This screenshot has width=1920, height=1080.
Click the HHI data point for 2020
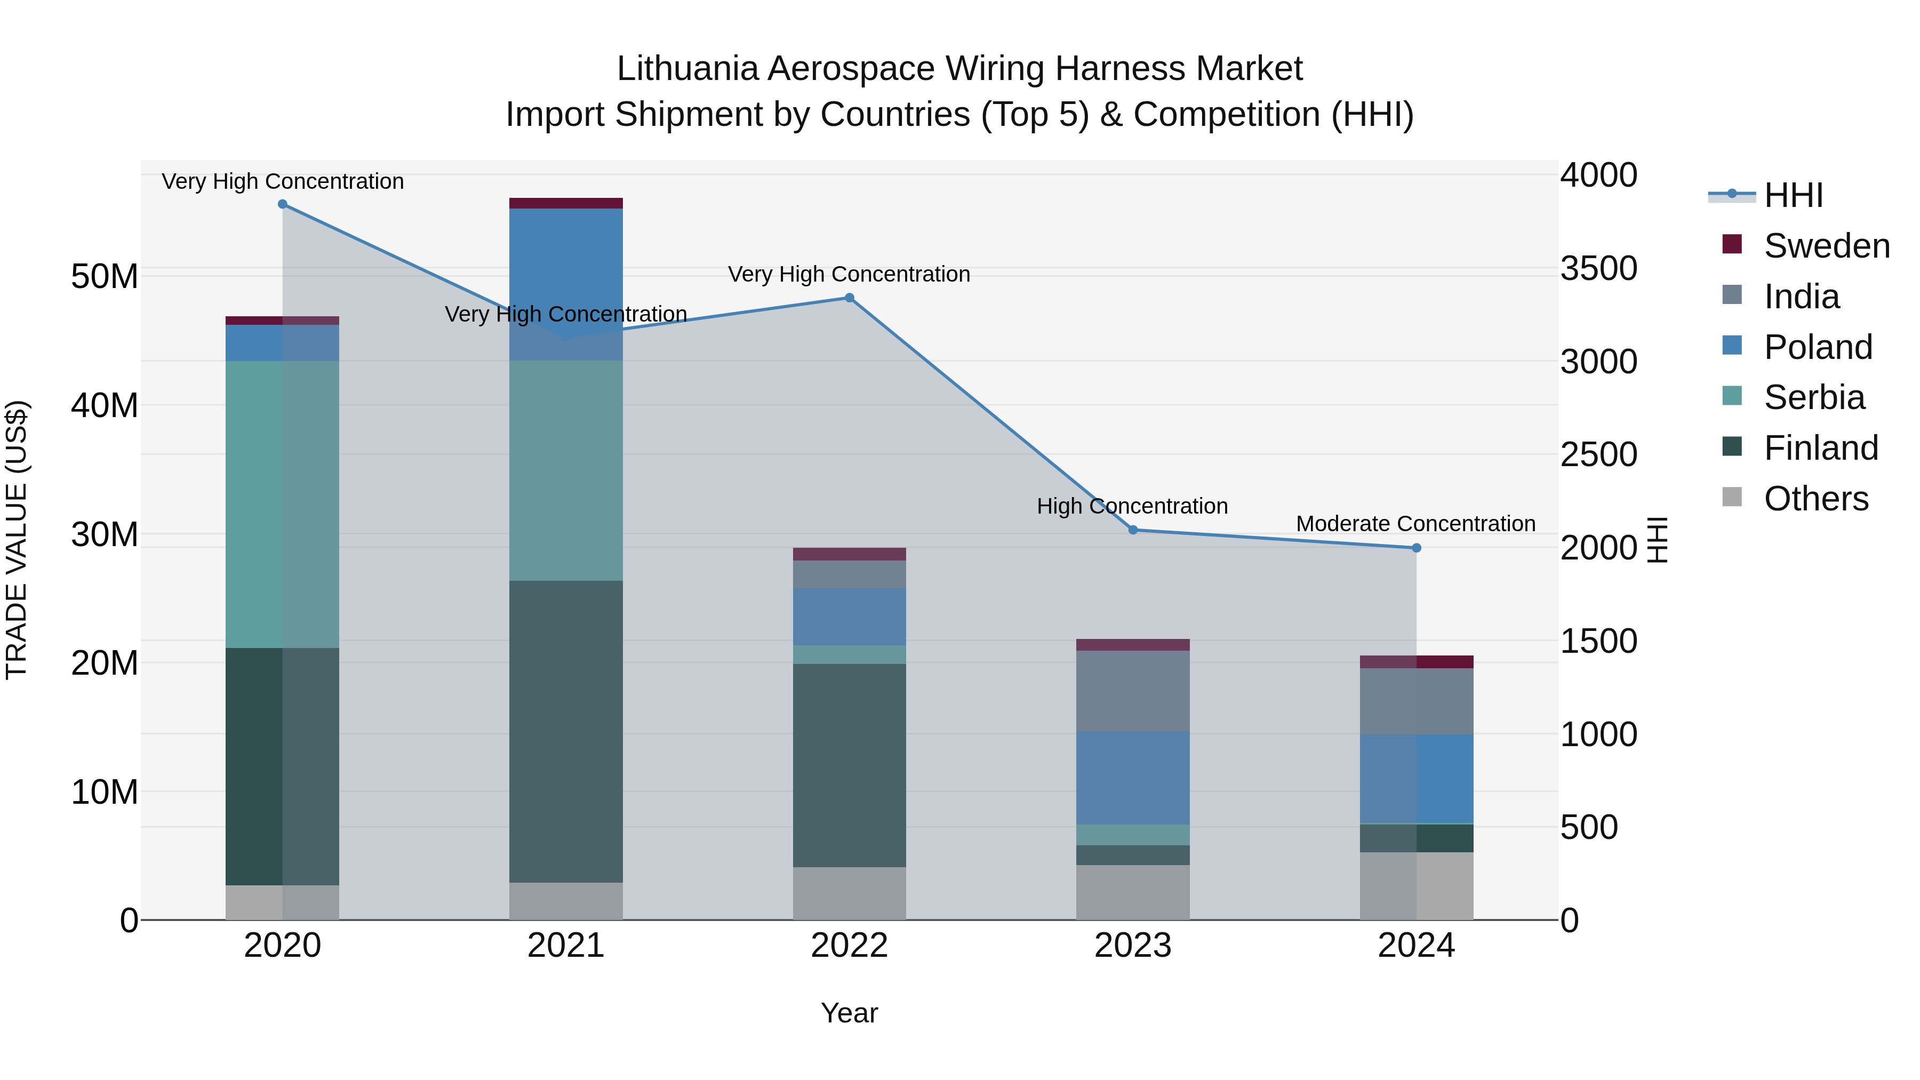tap(283, 204)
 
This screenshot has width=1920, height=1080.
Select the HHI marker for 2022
tap(849, 298)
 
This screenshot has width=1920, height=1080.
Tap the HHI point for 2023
tap(1133, 530)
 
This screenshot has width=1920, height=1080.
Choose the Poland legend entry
tap(1817, 347)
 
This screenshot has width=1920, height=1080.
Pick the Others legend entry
tap(1815, 499)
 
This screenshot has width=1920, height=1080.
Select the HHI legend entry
tap(1793, 195)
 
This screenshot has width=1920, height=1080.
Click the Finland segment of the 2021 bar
tap(566, 731)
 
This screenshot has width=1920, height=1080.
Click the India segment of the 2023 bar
tap(1133, 690)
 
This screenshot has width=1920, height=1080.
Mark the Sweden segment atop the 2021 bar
tap(566, 204)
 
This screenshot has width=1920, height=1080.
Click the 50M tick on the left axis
tap(105, 276)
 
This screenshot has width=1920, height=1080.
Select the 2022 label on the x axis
tap(849, 946)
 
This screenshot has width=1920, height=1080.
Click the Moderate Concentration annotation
tap(1415, 524)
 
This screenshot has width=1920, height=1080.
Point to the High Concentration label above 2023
tap(1132, 506)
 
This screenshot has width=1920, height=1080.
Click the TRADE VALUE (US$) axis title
tap(17, 540)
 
